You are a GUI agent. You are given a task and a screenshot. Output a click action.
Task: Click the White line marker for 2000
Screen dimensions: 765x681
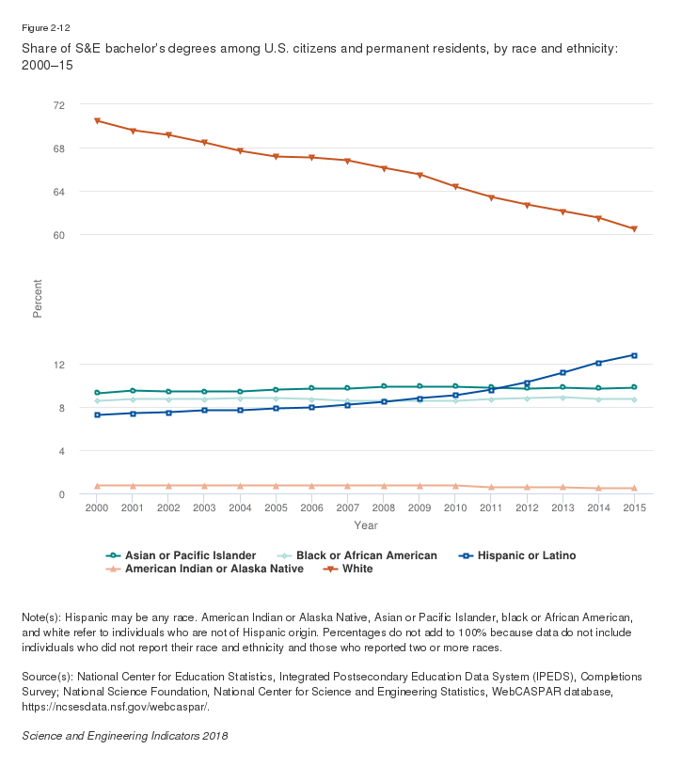(x=97, y=121)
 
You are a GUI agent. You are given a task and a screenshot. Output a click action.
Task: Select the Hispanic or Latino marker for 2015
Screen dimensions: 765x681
(x=634, y=355)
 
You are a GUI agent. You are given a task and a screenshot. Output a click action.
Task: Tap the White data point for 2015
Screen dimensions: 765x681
(x=634, y=229)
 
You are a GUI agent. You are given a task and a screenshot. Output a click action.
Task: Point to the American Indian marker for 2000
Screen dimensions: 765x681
(x=97, y=486)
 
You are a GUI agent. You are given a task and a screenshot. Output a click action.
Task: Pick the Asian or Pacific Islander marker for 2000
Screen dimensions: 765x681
(x=97, y=393)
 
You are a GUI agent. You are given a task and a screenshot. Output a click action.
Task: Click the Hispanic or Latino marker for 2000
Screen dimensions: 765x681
(x=97, y=414)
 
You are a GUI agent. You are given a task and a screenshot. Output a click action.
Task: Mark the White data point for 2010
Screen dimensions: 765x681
(x=455, y=187)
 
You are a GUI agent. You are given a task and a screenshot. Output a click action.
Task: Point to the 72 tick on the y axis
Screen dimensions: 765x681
(x=58, y=105)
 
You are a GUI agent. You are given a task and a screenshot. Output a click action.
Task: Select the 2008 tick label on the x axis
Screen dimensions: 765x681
(x=383, y=507)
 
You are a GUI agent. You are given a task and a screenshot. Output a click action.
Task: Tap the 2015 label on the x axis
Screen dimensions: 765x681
(x=634, y=507)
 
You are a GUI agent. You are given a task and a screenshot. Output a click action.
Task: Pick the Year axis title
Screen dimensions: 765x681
(x=366, y=524)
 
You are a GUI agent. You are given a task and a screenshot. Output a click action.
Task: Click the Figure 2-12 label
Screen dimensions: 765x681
(x=43, y=27)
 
